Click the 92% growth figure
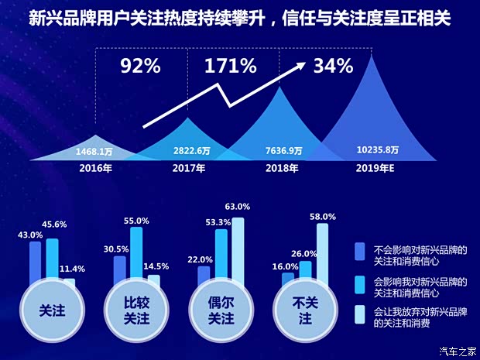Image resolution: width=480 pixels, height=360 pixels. tap(140, 66)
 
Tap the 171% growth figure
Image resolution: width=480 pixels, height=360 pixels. tap(230, 66)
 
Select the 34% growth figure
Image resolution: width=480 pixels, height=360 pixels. tap(334, 66)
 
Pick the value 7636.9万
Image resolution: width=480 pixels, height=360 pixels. tap(284, 151)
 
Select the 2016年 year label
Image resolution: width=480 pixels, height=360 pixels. tap(95, 168)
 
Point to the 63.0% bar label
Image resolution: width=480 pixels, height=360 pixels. tap(237, 207)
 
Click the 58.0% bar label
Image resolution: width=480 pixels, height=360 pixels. tap(322, 217)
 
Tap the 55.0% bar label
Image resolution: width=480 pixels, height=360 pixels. tap(136, 221)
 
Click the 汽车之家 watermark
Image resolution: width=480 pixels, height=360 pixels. tap(457, 350)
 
